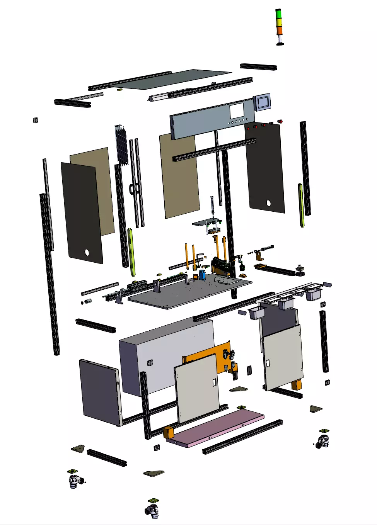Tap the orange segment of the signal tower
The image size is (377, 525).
pyautogui.click(x=279, y=30)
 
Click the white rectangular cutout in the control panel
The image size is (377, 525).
pyautogui.click(x=237, y=111)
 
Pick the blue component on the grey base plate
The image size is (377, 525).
pyautogui.click(x=202, y=275)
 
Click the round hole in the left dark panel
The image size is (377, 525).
pyautogui.click(x=87, y=253)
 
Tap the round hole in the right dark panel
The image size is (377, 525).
pyautogui.click(x=268, y=203)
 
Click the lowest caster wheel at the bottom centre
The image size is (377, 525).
pyautogui.click(x=153, y=510)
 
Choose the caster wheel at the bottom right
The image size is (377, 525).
pyautogui.click(x=323, y=440)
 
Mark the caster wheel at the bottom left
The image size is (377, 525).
pyautogui.click(x=75, y=481)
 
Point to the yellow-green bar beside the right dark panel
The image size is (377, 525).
pyautogui.click(x=301, y=205)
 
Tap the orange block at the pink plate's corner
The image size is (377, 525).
pyautogui.click(x=169, y=432)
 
